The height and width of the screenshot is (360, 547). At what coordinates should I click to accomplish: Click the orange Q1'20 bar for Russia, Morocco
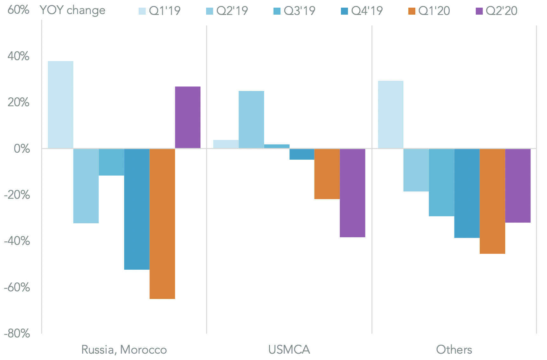pyautogui.click(x=162, y=224)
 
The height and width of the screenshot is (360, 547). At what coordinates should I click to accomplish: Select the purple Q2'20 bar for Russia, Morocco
pyautogui.click(x=188, y=117)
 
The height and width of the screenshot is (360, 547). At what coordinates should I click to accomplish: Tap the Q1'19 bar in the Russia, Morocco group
pyautogui.click(x=60, y=105)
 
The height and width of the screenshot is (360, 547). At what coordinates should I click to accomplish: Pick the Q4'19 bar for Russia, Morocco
pyautogui.click(x=137, y=209)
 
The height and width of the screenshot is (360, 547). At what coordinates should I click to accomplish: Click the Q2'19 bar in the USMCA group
pyautogui.click(x=251, y=120)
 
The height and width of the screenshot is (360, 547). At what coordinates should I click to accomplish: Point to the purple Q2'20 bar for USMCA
pyautogui.click(x=352, y=193)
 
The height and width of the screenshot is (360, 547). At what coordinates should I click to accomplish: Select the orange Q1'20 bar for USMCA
pyautogui.click(x=327, y=174)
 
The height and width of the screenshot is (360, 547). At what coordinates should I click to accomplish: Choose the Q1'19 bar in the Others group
pyautogui.click(x=391, y=114)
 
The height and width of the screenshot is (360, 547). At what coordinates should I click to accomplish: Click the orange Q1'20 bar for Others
pyautogui.click(x=492, y=201)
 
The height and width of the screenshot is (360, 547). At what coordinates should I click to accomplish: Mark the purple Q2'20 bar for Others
pyautogui.click(x=518, y=185)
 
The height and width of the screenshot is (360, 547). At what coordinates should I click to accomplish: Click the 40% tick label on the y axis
pyautogui.click(x=18, y=56)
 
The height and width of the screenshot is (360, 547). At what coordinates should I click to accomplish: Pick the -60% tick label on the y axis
pyautogui.click(x=17, y=287)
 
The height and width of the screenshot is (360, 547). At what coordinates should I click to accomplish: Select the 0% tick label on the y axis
pyautogui.click(x=22, y=149)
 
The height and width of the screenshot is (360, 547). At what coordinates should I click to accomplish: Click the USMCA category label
pyautogui.click(x=289, y=350)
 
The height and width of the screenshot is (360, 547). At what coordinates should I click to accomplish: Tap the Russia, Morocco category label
pyautogui.click(x=124, y=350)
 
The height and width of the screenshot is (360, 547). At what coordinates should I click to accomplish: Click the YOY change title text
pyautogui.click(x=73, y=10)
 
